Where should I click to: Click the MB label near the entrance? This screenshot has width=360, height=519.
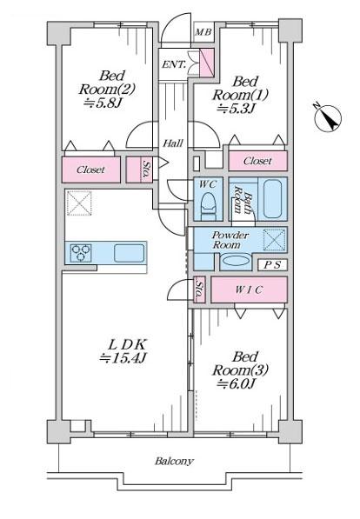203,32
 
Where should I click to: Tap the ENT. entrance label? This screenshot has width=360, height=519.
174,64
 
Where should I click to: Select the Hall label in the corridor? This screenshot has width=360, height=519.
173,143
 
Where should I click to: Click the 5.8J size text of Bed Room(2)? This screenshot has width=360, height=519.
103,103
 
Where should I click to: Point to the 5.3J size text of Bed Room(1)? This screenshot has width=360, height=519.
236,109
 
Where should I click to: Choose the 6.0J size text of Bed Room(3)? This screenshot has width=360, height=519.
237,383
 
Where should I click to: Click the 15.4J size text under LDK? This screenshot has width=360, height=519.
123,358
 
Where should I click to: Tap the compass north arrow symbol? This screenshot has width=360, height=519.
327,119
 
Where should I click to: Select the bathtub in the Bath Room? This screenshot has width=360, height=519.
272,198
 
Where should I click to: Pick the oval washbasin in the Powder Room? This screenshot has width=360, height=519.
236,261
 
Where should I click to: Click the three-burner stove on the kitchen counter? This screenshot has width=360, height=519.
82,253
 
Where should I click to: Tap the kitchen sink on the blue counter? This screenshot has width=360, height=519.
130,253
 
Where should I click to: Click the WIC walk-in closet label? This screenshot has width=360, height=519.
249,290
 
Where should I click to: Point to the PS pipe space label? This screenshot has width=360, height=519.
272,265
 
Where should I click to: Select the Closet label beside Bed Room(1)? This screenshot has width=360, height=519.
257,161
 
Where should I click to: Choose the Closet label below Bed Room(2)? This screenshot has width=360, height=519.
90,170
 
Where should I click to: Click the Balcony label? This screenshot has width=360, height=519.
174,461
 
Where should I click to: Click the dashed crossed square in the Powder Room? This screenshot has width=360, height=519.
274,240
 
